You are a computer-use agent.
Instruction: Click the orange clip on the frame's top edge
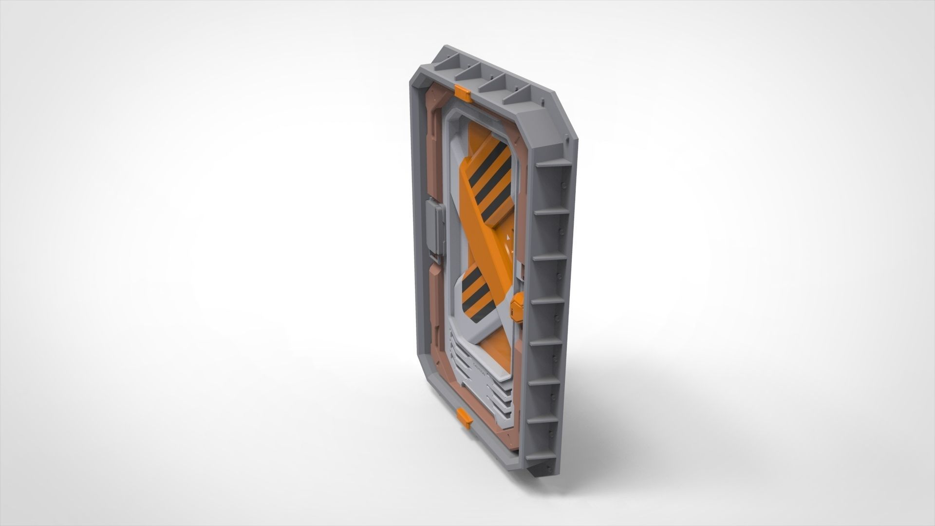(x=462, y=94)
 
